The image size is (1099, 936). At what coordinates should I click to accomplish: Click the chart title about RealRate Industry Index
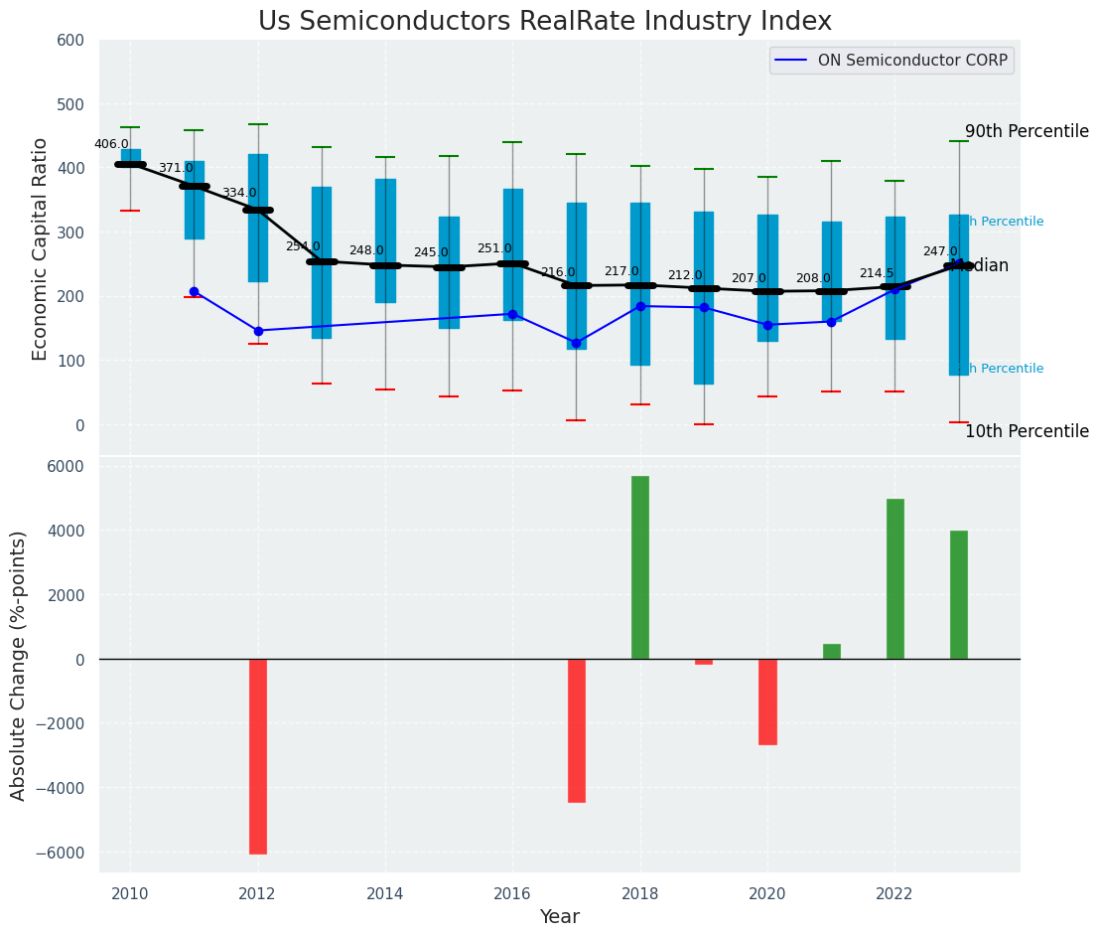[545, 22]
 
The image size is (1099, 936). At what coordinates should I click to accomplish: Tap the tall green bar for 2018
[640, 567]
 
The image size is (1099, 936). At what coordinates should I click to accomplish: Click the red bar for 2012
[258, 756]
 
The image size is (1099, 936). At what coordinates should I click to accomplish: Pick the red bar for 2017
[577, 730]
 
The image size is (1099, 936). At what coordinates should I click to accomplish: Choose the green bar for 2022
[895, 578]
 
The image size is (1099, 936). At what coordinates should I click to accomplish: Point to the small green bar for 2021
[832, 652]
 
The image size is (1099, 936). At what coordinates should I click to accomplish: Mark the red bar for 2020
[767, 702]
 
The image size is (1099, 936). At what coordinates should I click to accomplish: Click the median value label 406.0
[111, 144]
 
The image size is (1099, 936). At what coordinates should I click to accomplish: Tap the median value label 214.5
[877, 273]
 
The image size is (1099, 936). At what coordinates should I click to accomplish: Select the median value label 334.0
[239, 193]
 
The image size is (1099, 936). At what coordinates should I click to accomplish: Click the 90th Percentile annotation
[1027, 132]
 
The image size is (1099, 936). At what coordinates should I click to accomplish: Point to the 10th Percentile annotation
[1027, 431]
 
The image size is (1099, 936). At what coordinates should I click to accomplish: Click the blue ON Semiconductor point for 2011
[194, 292]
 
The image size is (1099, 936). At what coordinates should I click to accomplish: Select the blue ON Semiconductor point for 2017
[577, 343]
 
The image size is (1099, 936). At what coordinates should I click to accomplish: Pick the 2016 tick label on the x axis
[512, 893]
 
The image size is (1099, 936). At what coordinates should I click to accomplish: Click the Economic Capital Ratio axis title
[41, 248]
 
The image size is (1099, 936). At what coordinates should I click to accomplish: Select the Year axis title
[559, 917]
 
